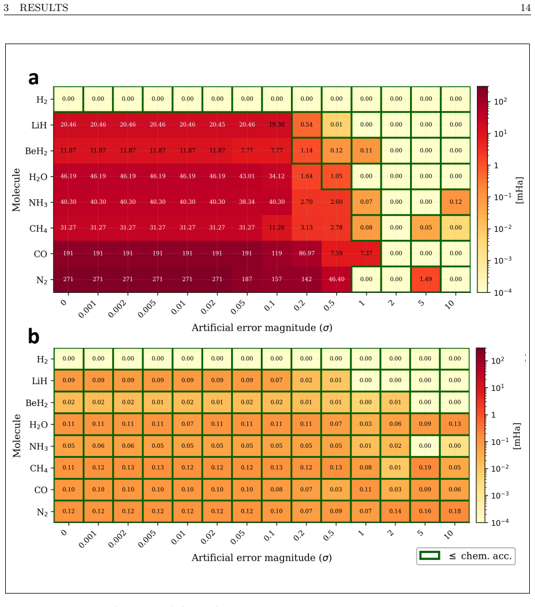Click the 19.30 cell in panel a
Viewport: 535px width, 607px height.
277,125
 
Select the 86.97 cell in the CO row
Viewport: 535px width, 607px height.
307,254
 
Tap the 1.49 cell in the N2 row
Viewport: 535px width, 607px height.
426,279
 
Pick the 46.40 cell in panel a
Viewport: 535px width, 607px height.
336,279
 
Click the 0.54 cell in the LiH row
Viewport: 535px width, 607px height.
307,125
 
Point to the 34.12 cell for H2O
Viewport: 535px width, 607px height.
277,176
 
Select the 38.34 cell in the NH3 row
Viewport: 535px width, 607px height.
247,202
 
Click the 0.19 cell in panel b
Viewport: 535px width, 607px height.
425,468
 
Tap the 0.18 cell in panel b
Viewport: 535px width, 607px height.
455,511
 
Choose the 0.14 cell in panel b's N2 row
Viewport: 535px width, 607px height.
395,511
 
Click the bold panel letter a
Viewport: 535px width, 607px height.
34,78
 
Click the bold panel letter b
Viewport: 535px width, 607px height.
34,336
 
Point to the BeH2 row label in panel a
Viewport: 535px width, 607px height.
37,151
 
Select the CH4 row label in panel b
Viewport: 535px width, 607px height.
39,469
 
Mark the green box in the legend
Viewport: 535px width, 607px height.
430,556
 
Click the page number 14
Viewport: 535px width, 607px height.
525,8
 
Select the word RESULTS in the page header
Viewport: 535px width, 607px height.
44,8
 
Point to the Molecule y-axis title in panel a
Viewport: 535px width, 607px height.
16,190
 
